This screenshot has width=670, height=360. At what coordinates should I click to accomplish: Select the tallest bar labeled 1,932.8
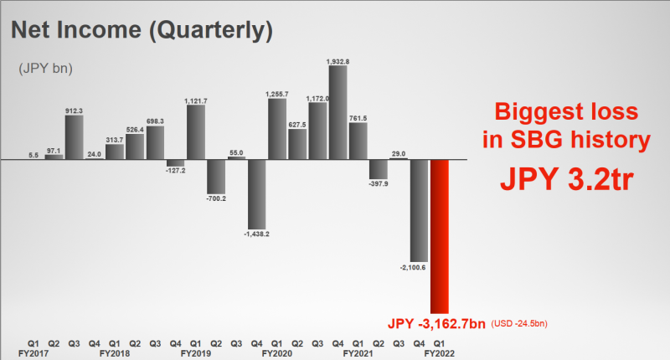click(338, 112)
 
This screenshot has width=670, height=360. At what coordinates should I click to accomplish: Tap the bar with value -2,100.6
click(420, 209)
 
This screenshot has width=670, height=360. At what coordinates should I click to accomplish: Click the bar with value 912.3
click(74, 136)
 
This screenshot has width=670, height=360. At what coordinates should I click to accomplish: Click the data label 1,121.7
click(196, 100)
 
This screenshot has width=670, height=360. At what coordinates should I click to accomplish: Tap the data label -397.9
click(379, 184)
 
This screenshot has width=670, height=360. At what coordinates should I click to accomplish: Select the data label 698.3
click(155, 121)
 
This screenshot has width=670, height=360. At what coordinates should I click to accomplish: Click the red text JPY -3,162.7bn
click(435, 323)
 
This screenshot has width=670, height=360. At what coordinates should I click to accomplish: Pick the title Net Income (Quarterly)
click(141, 32)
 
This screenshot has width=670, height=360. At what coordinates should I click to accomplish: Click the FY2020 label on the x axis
click(277, 353)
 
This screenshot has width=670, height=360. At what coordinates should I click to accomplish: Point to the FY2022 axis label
click(441, 353)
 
